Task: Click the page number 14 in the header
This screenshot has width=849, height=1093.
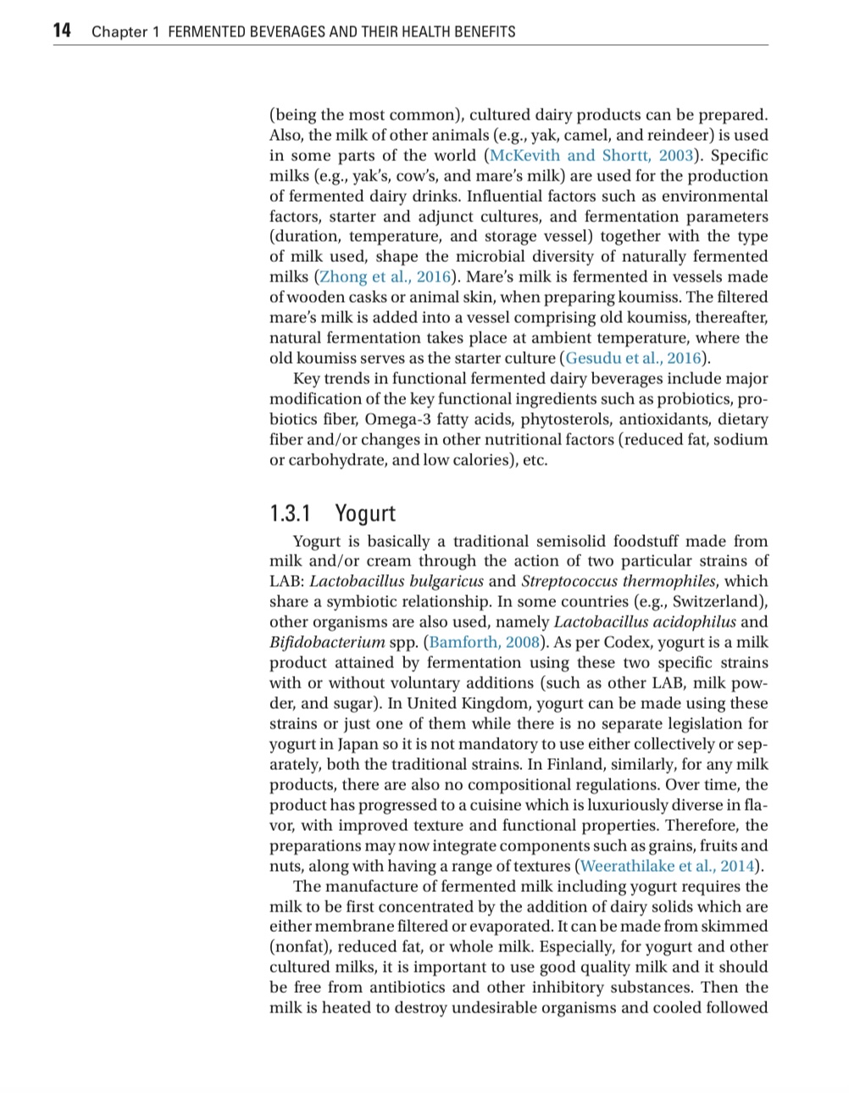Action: tap(62, 31)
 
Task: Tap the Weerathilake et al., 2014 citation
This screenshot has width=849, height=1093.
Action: tap(668, 866)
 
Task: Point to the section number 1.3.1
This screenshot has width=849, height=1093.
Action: tap(291, 513)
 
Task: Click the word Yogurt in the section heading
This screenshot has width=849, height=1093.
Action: tap(365, 513)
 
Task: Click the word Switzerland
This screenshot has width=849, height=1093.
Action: tap(719, 601)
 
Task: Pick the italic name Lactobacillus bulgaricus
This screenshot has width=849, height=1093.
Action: tap(397, 581)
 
